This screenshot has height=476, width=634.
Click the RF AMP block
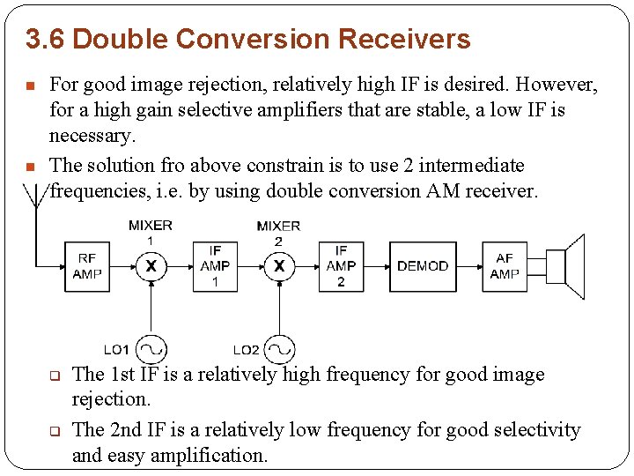87,265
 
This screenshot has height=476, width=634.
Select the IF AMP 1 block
215,265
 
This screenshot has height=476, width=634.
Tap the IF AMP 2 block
341,265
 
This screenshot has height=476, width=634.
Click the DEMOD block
423,265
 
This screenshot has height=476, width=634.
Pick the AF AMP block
505,265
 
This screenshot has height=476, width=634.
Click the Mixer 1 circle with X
151,265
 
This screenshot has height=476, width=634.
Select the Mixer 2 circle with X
279,265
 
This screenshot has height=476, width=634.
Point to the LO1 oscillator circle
151,349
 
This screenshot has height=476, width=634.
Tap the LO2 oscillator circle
279,349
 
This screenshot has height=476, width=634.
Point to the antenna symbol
35,198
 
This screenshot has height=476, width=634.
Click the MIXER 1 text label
151,232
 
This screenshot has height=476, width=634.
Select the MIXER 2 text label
278,233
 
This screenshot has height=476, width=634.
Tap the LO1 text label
116,350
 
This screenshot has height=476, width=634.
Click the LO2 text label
246,350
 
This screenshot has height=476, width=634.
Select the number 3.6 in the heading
41,40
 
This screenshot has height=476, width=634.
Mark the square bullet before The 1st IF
53,376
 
